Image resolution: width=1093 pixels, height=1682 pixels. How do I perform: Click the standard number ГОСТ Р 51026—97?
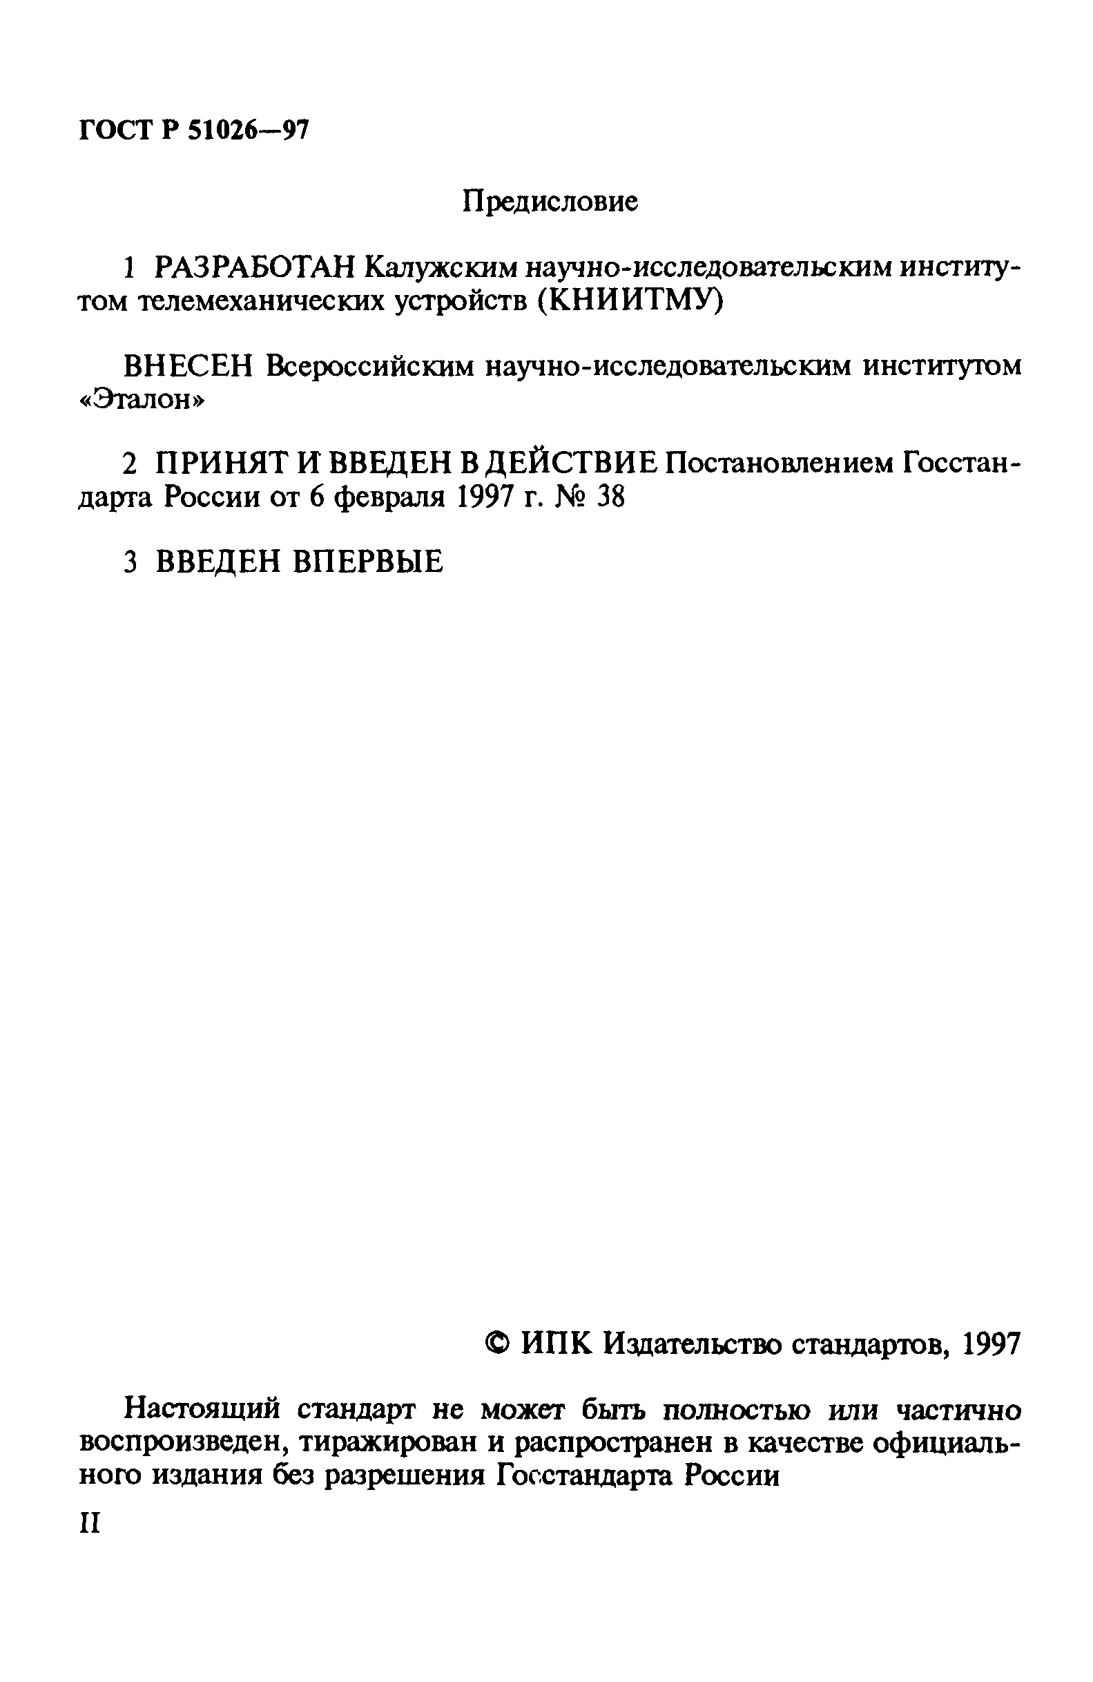coord(193,131)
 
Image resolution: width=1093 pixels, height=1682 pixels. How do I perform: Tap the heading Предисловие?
coord(550,202)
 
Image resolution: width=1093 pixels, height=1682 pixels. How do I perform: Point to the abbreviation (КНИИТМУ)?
coord(628,302)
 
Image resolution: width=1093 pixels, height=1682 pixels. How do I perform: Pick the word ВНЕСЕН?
coord(187,366)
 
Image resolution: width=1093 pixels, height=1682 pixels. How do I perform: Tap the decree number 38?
coord(611,498)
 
